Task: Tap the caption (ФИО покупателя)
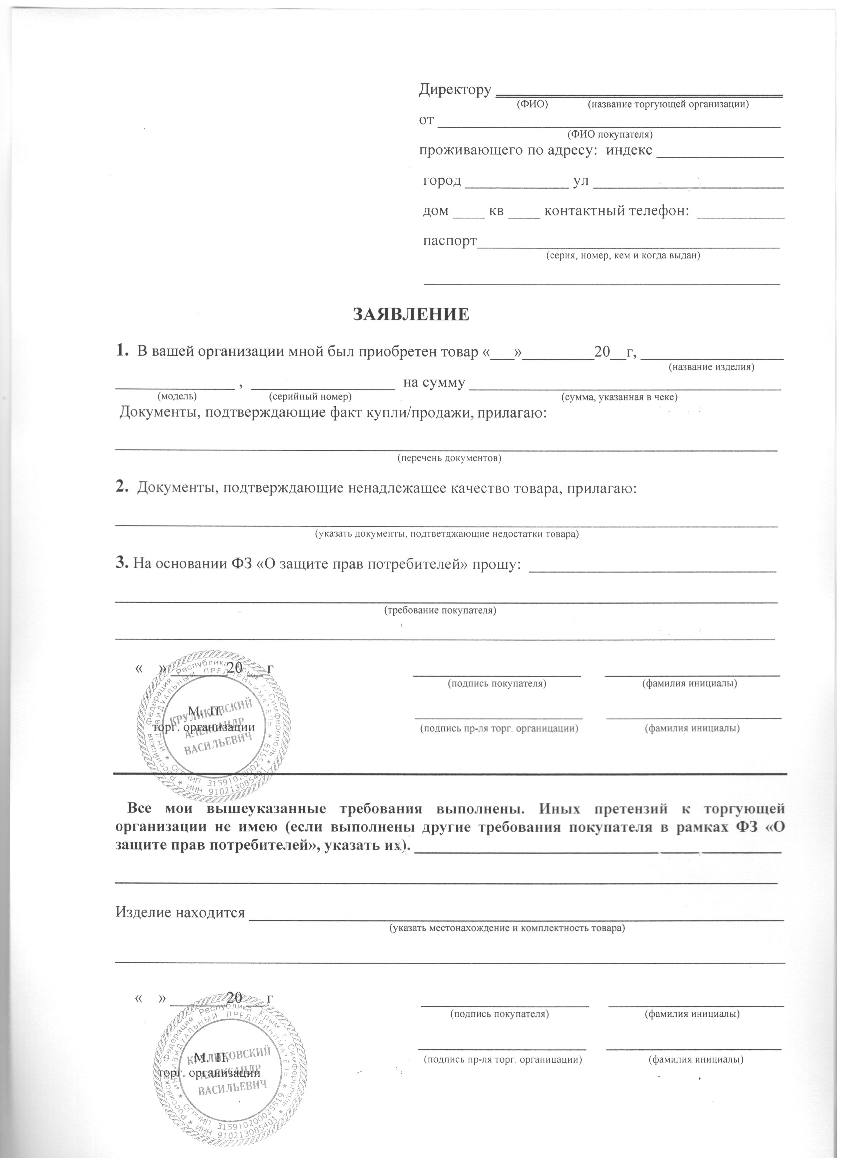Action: click(609, 134)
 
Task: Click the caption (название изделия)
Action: click(711, 367)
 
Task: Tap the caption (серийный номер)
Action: click(310, 397)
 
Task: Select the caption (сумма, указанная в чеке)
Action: click(619, 397)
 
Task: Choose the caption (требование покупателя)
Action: click(440, 610)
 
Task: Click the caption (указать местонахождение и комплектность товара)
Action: click(507, 928)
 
